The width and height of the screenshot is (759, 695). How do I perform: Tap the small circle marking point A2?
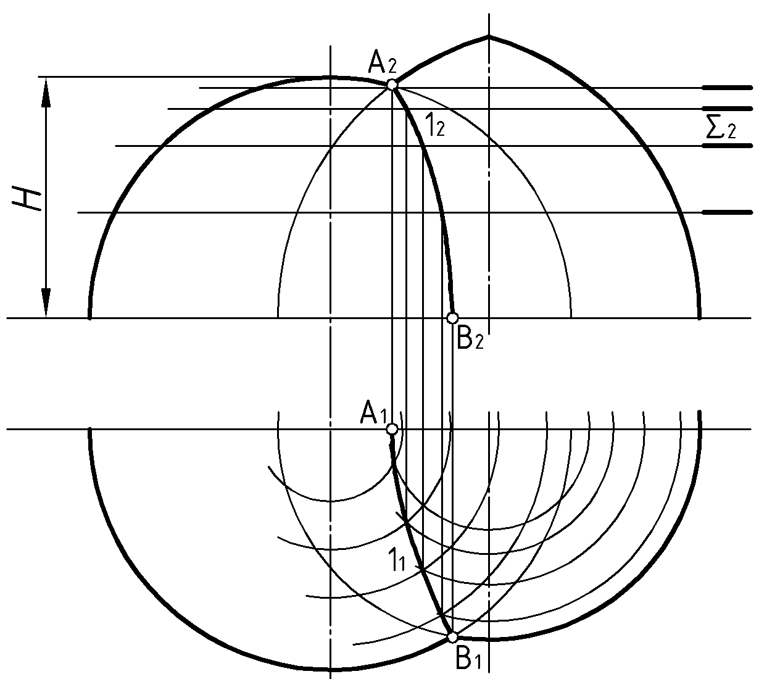pyautogui.click(x=392, y=85)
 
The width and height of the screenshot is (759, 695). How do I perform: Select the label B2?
pyautogui.click(x=470, y=339)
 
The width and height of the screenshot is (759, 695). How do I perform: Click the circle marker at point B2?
pyautogui.click(x=452, y=318)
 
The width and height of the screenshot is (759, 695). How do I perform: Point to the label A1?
pyautogui.click(x=374, y=414)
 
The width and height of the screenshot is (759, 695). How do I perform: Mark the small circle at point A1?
pyautogui.click(x=392, y=429)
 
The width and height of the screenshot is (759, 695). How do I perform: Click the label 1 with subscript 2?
pyautogui.click(x=435, y=125)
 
